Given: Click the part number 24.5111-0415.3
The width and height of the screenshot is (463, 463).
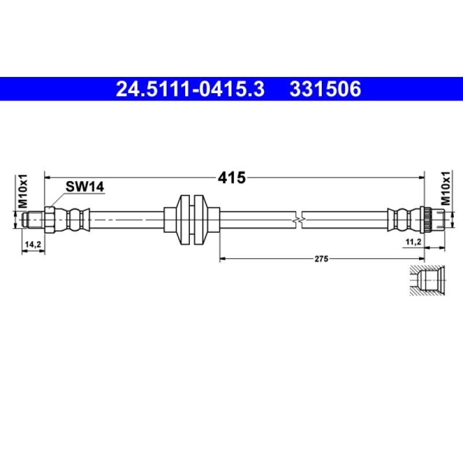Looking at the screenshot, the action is pyautogui.click(x=190, y=89).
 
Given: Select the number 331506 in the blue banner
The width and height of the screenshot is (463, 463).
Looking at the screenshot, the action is pyautogui.click(x=325, y=89).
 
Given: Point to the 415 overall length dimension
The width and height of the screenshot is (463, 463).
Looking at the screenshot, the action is pyautogui.click(x=231, y=178).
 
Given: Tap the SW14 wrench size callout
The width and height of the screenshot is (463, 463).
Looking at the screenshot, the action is pyautogui.click(x=84, y=186).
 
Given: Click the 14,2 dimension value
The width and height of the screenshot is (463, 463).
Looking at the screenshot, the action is pyautogui.click(x=33, y=244).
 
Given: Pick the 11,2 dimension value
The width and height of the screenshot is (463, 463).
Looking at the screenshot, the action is pyautogui.click(x=413, y=242).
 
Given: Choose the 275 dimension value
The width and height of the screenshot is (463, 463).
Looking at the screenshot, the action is pyautogui.click(x=321, y=259).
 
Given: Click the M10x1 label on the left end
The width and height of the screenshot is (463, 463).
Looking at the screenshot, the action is pyautogui.click(x=23, y=191).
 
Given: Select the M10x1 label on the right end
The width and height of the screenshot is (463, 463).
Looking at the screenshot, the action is pyautogui.click(x=446, y=188).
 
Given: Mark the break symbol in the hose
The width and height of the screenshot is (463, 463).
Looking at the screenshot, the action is pyautogui.click(x=298, y=220).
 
